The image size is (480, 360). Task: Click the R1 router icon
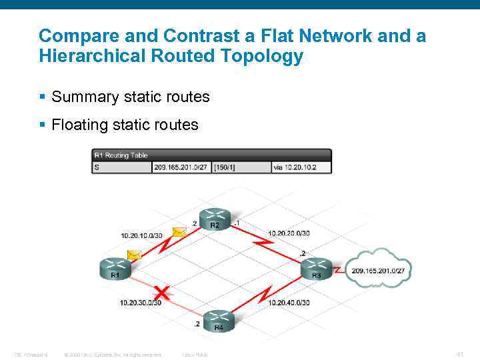[x=115, y=269]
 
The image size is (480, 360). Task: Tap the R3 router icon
[x=316, y=269]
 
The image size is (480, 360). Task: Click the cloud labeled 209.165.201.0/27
[x=381, y=269]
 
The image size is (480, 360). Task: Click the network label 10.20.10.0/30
[x=141, y=235]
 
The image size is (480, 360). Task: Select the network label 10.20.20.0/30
[x=289, y=233]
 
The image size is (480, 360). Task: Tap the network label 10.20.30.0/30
[x=141, y=302]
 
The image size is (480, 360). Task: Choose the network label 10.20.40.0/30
[x=289, y=302]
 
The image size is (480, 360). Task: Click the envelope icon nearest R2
[x=179, y=232]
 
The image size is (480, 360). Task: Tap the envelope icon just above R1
[x=134, y=255]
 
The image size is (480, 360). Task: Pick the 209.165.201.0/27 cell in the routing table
[x=181, y=167]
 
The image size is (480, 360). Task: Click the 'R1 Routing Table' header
[x=121, y=155]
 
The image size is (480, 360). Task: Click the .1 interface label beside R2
[x=237, y=222]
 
